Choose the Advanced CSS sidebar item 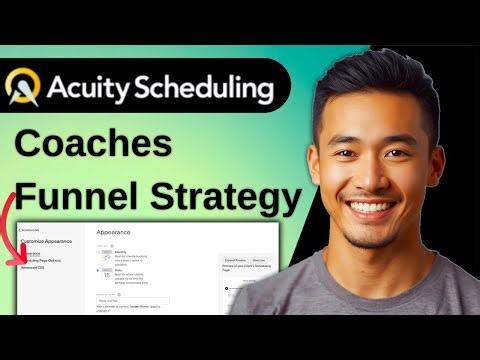tap(38, 269)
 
